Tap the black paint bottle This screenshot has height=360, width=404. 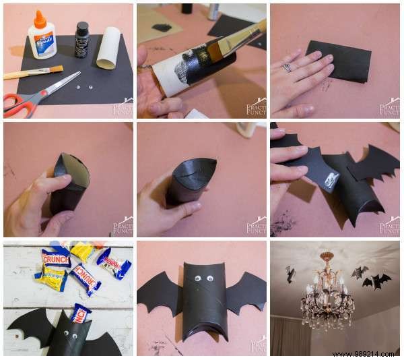point(81,40)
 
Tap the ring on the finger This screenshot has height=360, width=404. point(285,67)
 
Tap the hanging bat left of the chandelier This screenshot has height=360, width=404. point(290,273)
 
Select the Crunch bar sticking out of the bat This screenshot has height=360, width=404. point(80,312)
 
